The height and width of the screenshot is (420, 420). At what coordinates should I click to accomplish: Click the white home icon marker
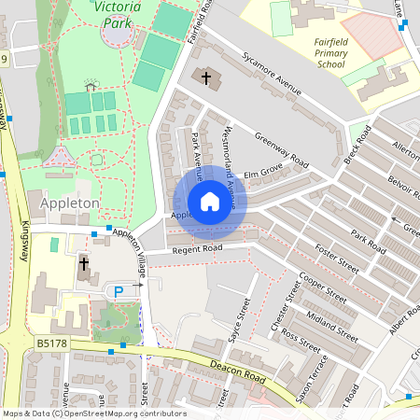tap(209, 201)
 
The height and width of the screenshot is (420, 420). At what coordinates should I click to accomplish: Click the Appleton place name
tap(70, 202)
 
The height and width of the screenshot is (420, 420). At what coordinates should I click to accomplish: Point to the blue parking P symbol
tap(119, 292)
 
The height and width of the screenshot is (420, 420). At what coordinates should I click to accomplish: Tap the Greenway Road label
tap(281, 147)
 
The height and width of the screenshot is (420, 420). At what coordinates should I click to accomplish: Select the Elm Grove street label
tap(262, 174)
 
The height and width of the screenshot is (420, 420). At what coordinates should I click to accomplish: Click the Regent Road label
tap(197, 249)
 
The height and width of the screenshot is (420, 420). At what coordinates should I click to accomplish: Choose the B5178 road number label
tap(53, 343)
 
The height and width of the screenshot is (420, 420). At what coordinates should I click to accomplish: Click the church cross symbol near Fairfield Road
tap(205, 77)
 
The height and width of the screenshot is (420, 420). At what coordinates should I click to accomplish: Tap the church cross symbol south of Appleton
tap(83, 264)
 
